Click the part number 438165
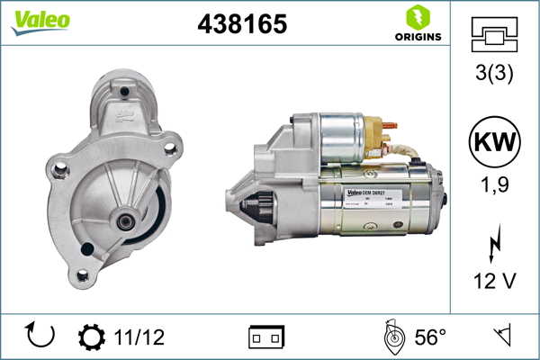[x=242, y=24]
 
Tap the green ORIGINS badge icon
[x=415, y=16]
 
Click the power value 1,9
[x=495, y=185]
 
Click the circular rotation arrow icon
[x=41, y=335]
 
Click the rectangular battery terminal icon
[x=266, y=337]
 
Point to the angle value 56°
[x=430, y=337]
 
